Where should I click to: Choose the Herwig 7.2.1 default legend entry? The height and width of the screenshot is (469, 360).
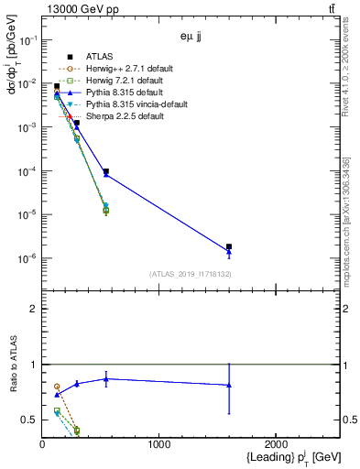[122, 81]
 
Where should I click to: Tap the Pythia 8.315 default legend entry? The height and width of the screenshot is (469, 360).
[120, 93]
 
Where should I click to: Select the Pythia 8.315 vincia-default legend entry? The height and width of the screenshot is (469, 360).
[132, 104]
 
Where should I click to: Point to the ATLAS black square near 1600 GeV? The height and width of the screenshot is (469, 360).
[229, 246]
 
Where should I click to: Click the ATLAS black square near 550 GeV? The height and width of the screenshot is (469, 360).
[106, 171]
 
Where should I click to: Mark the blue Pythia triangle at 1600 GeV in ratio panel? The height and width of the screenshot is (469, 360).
[229, 385]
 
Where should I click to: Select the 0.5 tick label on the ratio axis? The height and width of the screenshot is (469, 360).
[30, 420]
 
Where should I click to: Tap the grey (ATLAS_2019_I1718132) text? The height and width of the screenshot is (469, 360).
[189, 274]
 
